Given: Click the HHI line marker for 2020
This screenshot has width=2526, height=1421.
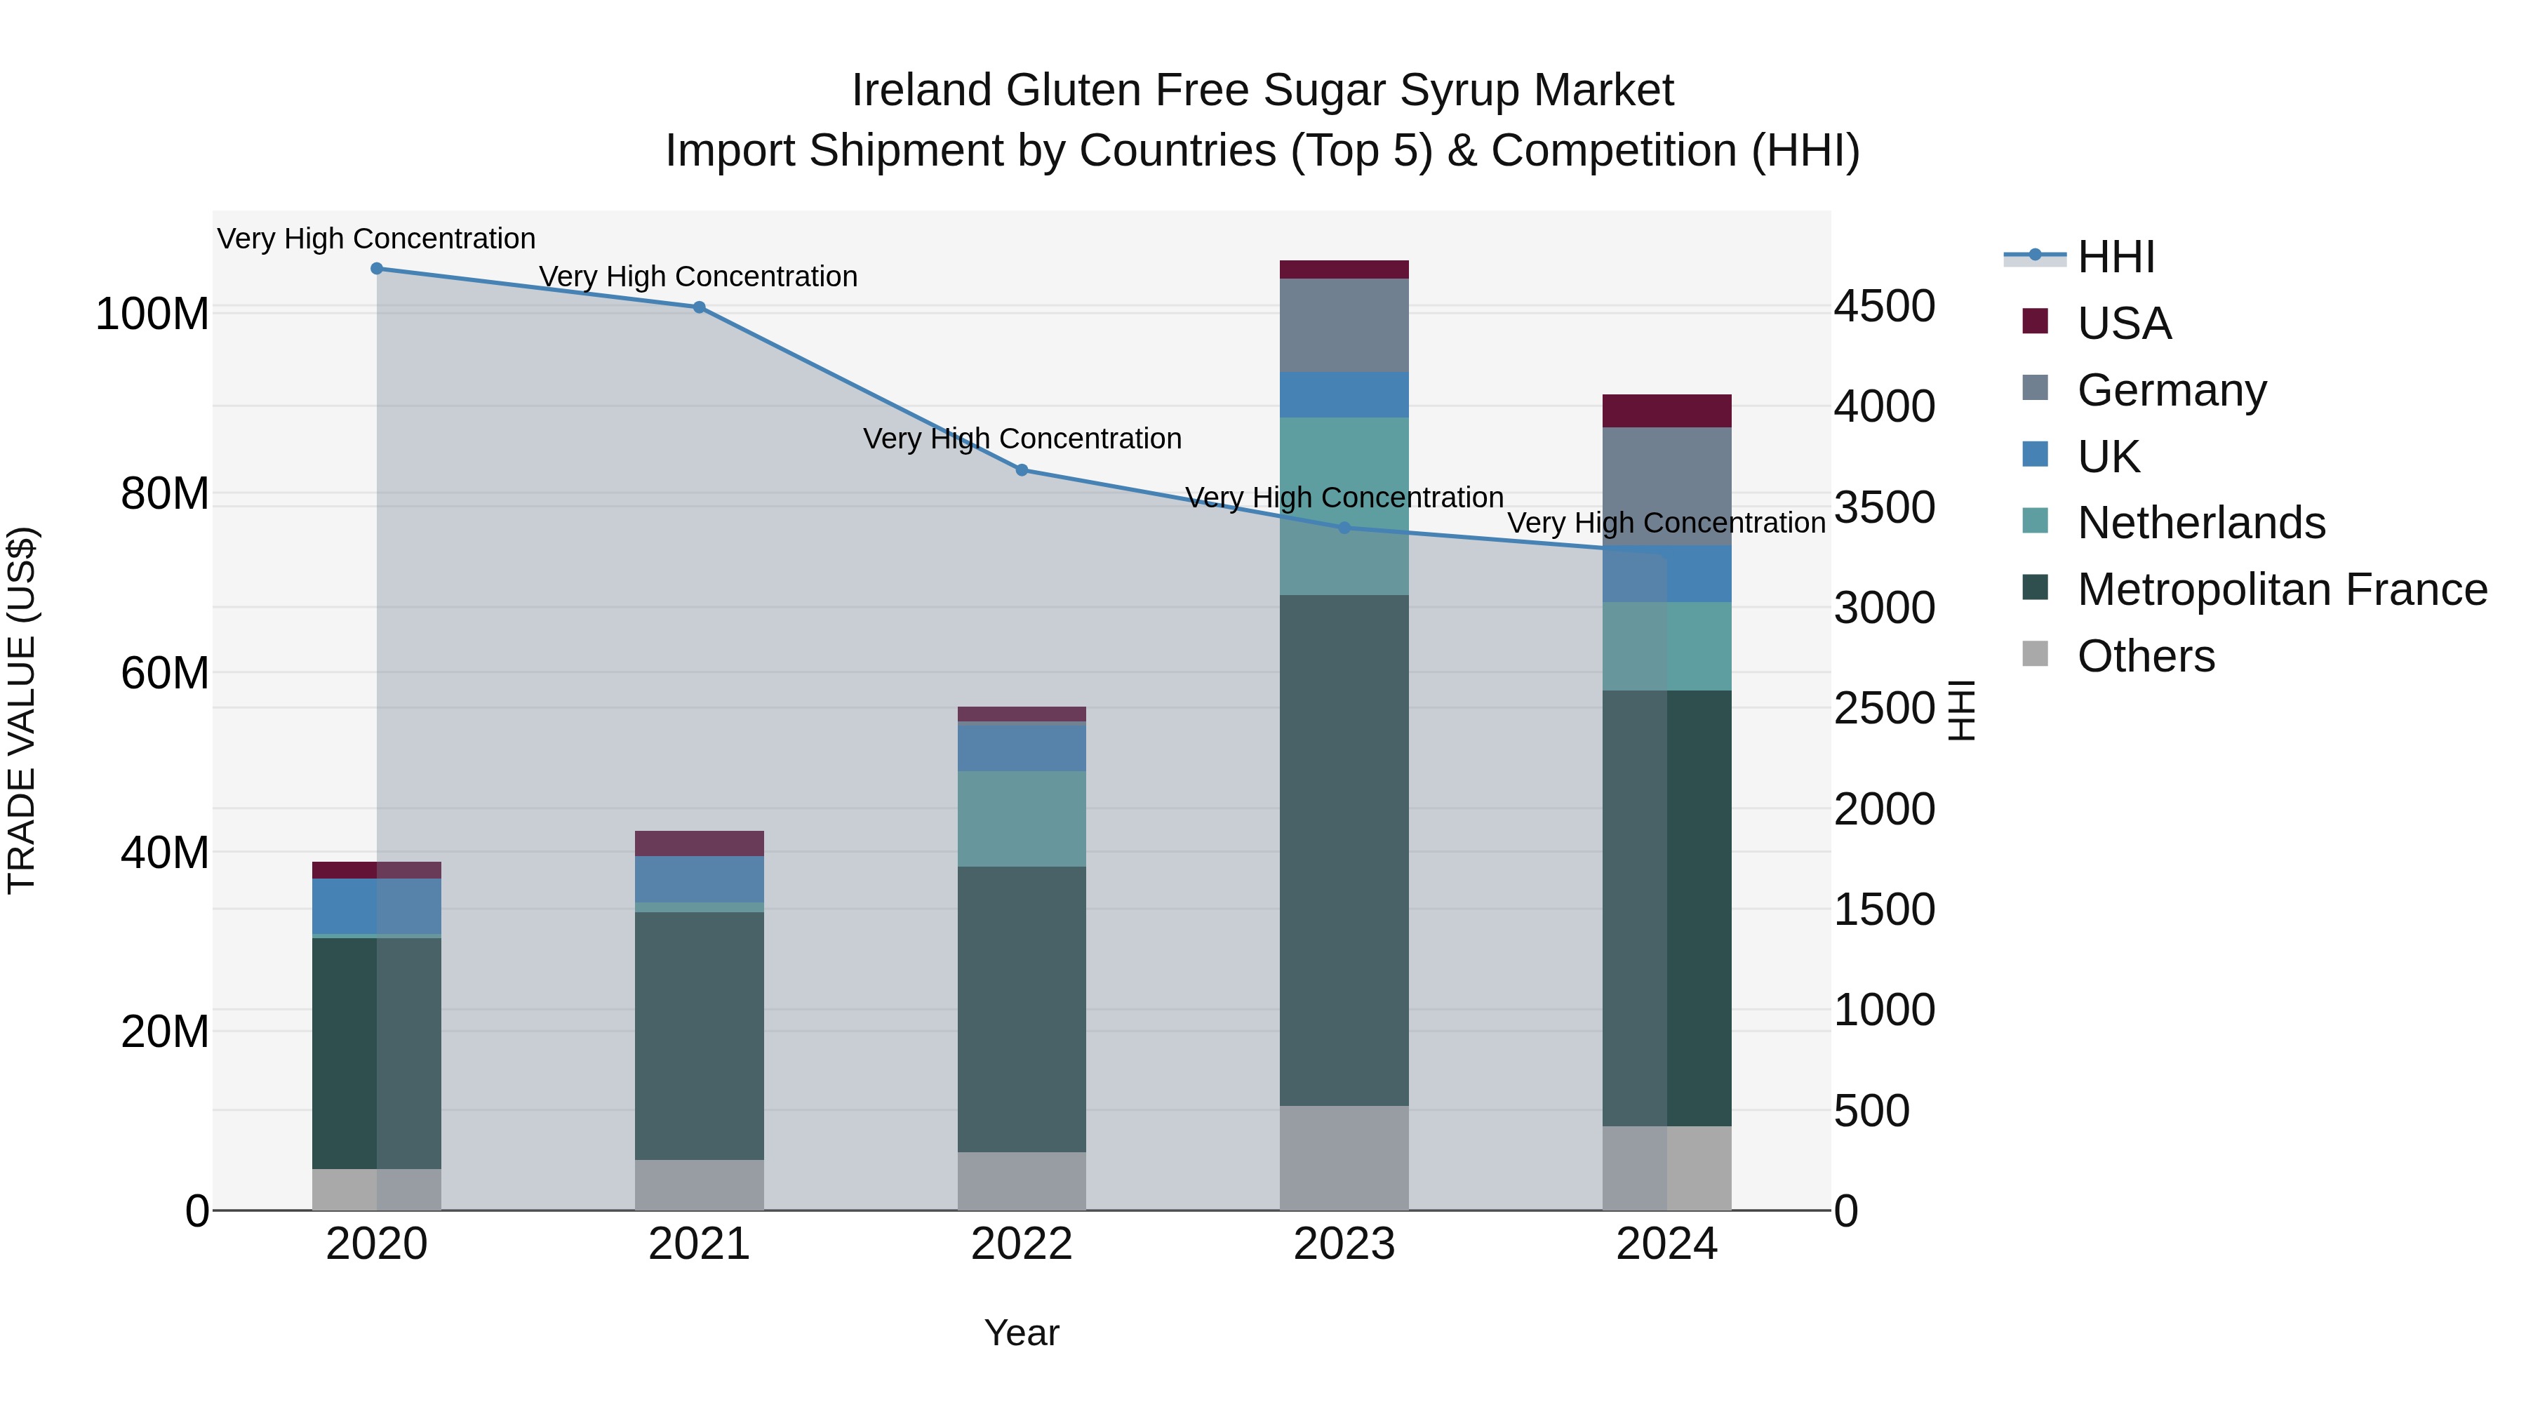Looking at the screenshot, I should (377, 269).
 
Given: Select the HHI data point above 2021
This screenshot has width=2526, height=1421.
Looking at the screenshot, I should (699, 307).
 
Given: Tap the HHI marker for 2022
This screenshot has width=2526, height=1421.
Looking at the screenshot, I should (1022, 469).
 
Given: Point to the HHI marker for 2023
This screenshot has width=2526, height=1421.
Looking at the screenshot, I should (1344, 528).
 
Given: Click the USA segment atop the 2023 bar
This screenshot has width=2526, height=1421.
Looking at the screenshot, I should (1344, 269).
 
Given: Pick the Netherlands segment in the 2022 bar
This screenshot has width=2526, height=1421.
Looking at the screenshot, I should (1022, 818).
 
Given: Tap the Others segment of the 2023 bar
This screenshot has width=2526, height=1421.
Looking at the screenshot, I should (1344, 1157).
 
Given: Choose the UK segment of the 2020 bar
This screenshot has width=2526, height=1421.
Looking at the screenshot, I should (377, 906).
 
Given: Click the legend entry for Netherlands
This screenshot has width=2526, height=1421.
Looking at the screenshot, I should (2200, 523).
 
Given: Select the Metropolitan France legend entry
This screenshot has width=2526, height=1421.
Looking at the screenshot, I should (2281, 589).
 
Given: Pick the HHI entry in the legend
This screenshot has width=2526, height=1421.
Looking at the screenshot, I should (2115, 257).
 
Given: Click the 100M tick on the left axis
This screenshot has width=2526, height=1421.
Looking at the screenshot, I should (152, 315).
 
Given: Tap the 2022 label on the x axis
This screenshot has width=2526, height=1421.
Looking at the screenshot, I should (1022, 1244).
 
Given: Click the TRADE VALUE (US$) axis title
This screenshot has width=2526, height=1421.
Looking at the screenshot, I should (22, 710).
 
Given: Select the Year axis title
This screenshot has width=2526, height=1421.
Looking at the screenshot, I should (1022, 1333).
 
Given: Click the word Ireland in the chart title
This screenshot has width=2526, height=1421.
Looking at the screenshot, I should (923, 91).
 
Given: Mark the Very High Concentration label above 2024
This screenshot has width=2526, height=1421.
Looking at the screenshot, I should (1666, 523).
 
